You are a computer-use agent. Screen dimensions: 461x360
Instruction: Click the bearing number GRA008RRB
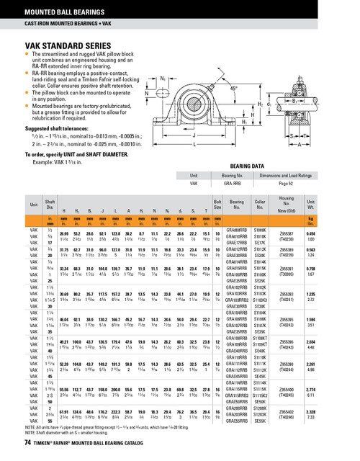point(238,228)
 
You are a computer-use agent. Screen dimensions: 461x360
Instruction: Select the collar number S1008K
point(261,228)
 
